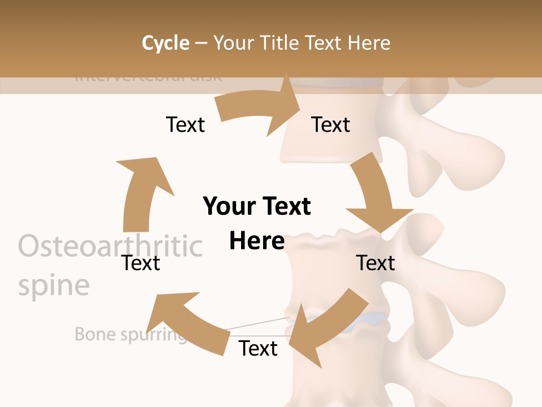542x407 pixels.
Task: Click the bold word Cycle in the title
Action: click(x=165, y=43)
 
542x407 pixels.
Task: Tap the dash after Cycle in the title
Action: click(x=201, y=43)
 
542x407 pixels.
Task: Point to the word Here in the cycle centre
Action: click(x=257, y=241)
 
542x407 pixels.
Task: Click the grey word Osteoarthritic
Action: click(x=110, y=246)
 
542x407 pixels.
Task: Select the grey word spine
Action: click(x=54, y=285)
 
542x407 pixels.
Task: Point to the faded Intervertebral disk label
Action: click(x=148, y=77)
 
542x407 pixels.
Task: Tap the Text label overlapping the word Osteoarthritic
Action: click(x=141, y=263)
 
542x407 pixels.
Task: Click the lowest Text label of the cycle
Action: click(x=258, y=348)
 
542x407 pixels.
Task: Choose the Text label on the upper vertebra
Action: click(x=331, y=124)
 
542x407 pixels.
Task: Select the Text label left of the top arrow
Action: click(x=185, y=124)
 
